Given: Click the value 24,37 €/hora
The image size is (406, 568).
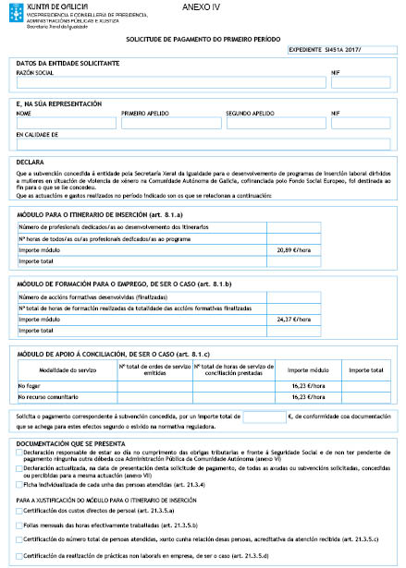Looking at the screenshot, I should (292, 320).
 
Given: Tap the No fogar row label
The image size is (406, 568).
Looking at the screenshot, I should (30, 385).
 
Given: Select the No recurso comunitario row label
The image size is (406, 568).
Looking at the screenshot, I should (47, 397).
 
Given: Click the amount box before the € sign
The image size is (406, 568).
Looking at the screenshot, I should (264, 417).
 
